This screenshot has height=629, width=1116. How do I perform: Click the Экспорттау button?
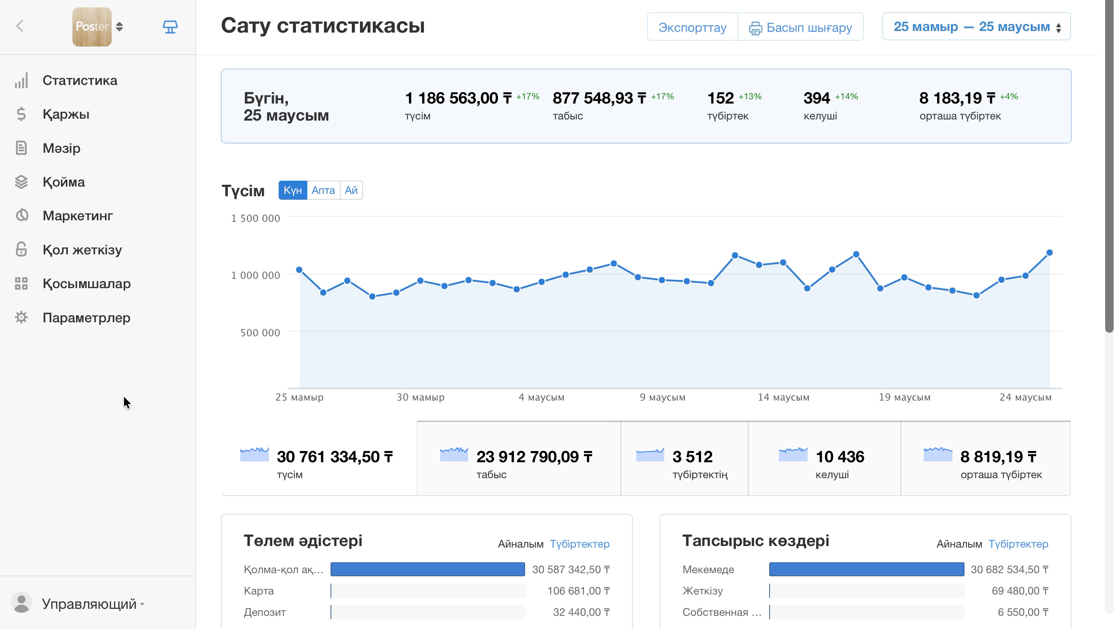[x=692, y=27]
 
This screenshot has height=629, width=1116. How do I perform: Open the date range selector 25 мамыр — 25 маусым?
[x=976, y=27]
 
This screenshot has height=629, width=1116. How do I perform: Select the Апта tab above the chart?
[x=323, y=190]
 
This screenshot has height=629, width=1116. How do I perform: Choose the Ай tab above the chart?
[x=351, y=190]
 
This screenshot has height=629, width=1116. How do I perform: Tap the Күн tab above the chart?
[x=293, y=190]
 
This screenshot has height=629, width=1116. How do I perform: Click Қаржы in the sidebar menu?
[x=66, y=114]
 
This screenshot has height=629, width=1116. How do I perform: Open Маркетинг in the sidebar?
[x=77, y=216]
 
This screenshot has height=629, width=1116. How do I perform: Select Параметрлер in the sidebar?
[x=86, y=318]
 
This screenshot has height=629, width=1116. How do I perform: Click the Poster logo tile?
[x=92, y=27]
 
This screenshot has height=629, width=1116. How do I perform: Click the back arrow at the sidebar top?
[x=20, y=26]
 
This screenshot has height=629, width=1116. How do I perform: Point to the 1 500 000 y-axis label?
[x=256, y=218]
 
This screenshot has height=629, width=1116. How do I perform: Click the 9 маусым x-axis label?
[x=662, y=397]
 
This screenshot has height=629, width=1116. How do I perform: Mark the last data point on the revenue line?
[x=1049, y=253]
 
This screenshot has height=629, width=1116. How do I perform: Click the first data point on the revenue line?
[x=299, y=270]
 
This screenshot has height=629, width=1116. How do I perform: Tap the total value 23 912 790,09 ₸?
[x=534, y=456]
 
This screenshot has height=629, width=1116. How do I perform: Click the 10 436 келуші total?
[x=840, y=463]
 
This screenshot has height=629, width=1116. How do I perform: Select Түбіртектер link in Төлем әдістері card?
[x=580, y=544]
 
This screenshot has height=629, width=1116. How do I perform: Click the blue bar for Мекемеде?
[x=866, y=569]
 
